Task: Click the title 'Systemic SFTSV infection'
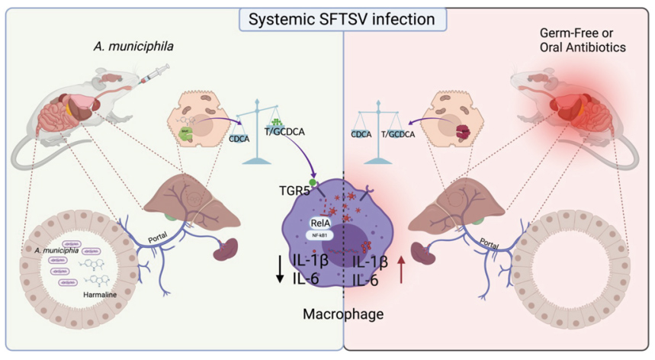(x=327, y=18)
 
